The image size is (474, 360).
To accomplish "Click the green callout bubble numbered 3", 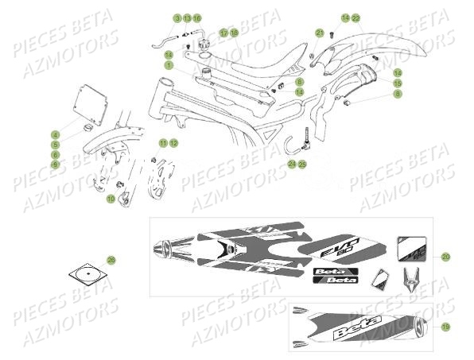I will (177, 17).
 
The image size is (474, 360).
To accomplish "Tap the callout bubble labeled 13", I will (187, 17).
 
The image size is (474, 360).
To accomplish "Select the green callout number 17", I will (224, 33).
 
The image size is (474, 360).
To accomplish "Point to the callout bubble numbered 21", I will (319, 33).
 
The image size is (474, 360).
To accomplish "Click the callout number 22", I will (356, 17).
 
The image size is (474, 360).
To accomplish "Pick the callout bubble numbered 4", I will (56, 134).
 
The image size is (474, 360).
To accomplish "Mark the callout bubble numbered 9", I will (56, 165).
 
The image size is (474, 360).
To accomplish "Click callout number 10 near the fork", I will (111, 199).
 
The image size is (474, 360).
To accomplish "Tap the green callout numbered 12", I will (173, 143).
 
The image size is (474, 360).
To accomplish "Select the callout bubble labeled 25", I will (302, 164).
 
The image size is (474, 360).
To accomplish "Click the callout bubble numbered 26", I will (111, 260).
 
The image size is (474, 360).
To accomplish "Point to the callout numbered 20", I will (445, 257).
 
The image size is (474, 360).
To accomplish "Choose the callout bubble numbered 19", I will (445, 327).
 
